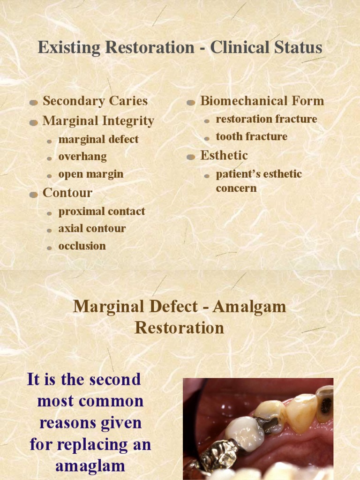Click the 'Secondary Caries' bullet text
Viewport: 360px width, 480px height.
(x=95, y=101)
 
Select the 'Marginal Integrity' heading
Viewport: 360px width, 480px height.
(x=98, y=121)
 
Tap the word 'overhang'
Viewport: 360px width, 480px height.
(x=82, y=157)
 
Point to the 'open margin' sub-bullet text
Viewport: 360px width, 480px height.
(x=91, y=174)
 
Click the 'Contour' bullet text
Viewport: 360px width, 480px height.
(x=67, y=193)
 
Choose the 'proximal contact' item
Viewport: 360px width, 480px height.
(x=102, y=211)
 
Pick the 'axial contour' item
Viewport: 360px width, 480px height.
(x=92, y=229)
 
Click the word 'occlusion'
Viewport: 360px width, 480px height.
(x=82, y=246)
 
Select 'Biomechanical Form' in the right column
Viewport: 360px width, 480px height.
(x=262, y=101)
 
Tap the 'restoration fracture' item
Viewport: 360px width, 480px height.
(x=266, y=119)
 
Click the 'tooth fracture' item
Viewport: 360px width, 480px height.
(x=252, y=137)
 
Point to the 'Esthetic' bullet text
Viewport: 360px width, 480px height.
(x=224, y=155)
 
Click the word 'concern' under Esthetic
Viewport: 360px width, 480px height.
(x=236, y=188)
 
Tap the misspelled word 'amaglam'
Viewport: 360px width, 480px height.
(x=90, y=466)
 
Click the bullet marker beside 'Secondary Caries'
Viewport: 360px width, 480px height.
(x=33, y=102)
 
